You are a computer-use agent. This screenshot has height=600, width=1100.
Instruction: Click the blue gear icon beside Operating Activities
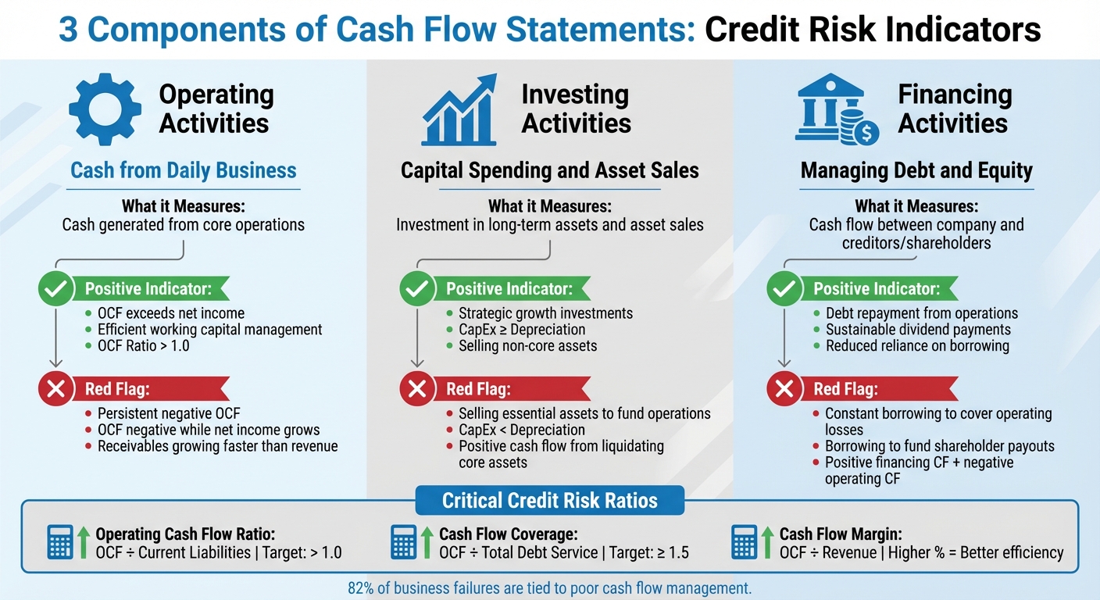pyautogui.click(x=105, y=109)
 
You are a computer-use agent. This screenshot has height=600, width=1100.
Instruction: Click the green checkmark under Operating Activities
pyautogui.click(x=55, y=289)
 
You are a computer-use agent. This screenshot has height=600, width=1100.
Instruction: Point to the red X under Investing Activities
pyautogui.click(x=417, y=388)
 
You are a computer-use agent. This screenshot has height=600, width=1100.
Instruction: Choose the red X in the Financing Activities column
pyautogui.click(x=784, y=388)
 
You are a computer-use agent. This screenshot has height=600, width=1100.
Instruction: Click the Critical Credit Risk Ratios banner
pyautogui.click(x=549, y=500)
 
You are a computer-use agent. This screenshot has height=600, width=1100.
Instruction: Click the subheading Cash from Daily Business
pyautogui.click(x=184, y=170)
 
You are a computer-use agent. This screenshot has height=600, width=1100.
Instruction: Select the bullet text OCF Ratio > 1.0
pyautogui.click(x=143, y=345)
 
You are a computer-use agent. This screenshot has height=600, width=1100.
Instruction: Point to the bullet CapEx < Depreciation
pyautogui.click(x=521, y=430)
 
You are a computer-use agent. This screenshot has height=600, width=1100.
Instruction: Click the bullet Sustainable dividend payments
pyautogui.click(x=918, y=330)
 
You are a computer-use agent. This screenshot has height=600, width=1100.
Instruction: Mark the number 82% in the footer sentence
pyautogui.click(x=362, y=588)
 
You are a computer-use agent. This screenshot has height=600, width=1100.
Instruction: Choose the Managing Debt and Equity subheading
pyautogui.click(x=916, y=170)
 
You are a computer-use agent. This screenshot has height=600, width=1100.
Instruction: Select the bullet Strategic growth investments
pyautogui.click(x=545, y=313)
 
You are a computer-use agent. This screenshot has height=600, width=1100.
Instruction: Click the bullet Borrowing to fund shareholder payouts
pyautogui.click(x=939, y=446)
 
